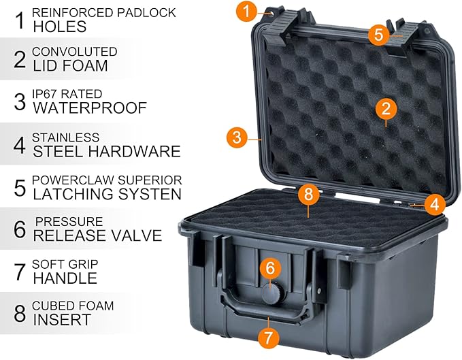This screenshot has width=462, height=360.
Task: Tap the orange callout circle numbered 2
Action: [x=386, y=108]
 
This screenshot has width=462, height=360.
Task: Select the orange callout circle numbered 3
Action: [x=236, y=137]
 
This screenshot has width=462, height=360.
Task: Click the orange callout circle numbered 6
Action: [x=270, y=269]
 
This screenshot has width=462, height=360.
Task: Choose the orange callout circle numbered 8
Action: [x=308, y=194]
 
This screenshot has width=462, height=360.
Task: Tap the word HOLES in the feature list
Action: [x=59, y=27]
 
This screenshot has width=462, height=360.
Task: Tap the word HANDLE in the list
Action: [x=65, y=278]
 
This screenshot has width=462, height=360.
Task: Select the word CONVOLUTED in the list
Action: [x=74, y=52]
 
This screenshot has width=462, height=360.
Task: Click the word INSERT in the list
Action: [x=61, y=319]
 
